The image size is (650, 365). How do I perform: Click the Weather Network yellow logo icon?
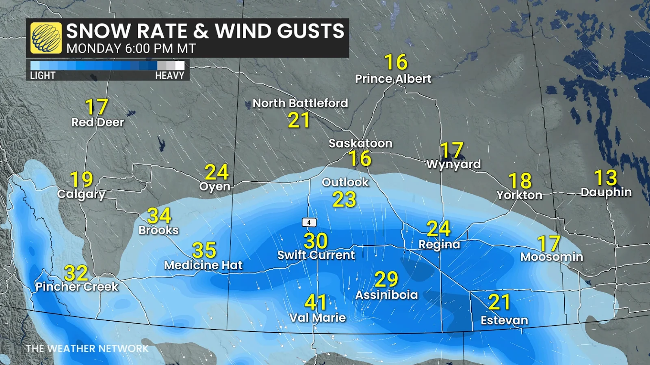[46, 38]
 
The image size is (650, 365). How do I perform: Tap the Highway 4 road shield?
[309, 222]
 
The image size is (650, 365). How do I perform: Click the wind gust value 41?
[316, 302]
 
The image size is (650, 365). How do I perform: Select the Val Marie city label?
[317, 318]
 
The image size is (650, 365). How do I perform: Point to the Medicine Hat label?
[203, 265]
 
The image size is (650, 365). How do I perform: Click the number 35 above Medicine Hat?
[204, 250]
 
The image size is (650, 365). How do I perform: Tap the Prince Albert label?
[393, 79]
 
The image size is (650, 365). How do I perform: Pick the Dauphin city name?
[606, 192]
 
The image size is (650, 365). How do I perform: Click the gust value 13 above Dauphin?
[605, 178]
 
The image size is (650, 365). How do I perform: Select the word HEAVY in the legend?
[169, 75]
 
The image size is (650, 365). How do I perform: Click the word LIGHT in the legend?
[43, 75]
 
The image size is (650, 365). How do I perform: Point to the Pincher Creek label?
[77, 287]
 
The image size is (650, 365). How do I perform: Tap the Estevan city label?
[504, 320]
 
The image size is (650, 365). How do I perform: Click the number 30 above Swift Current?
[316, 241]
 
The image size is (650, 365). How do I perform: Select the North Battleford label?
[300, 103]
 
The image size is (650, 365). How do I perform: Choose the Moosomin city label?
[552, 257]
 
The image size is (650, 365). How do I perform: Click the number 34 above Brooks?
[159, 215]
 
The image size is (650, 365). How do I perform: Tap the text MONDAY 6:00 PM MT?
[131, 49]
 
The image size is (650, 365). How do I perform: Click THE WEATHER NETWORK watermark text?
[87, 348]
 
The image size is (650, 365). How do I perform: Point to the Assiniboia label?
[386, 295]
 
